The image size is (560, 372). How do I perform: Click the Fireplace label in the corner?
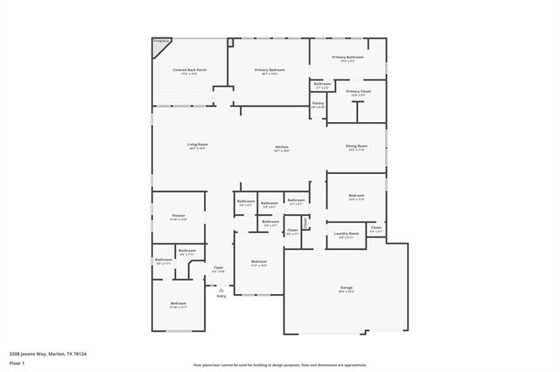(161, 41)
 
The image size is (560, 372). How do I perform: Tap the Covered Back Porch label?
(189, 70)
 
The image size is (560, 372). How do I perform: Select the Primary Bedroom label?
(269, 70)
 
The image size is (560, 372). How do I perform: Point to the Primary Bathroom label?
(348, 58)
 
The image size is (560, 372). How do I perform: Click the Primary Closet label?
(358, 92)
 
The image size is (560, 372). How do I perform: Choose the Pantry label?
(318, 103)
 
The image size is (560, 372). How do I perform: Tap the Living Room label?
(197, 145)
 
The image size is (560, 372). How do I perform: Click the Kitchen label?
(282, 147)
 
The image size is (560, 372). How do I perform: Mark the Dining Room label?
(356, 146)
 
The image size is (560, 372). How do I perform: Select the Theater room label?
(178, 216)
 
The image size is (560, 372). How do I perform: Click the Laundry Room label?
(347, 233)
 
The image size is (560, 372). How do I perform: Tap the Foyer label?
(219, 268)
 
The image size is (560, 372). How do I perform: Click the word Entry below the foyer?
(220, 297)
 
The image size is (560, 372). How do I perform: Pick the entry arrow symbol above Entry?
(220, 290)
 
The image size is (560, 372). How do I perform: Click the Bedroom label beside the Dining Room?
(356, 196)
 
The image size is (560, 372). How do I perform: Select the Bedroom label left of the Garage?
(258, 263)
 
